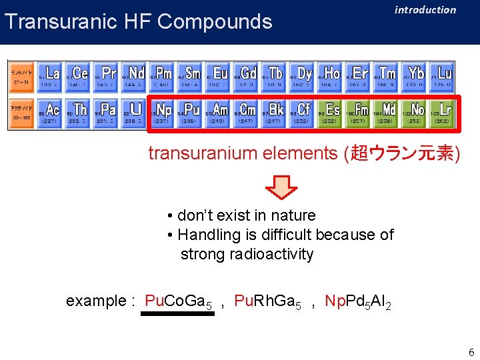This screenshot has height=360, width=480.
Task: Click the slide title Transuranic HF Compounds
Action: click(139, 22)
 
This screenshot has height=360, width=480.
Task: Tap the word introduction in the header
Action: click(425, 10)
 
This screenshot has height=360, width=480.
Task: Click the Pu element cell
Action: click(189, 113)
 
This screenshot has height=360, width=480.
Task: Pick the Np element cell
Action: click(162, 113)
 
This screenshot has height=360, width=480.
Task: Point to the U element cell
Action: click(134, 113)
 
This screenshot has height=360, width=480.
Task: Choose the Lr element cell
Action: click(441, 113)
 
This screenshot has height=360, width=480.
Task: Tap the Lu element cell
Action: click(441, 77)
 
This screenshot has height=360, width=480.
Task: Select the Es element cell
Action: click(330, 113)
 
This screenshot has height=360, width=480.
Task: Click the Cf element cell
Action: click(302, 113)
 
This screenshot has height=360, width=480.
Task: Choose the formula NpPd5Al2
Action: click(357, 301)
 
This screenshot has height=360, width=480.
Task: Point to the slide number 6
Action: click(471, 353)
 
